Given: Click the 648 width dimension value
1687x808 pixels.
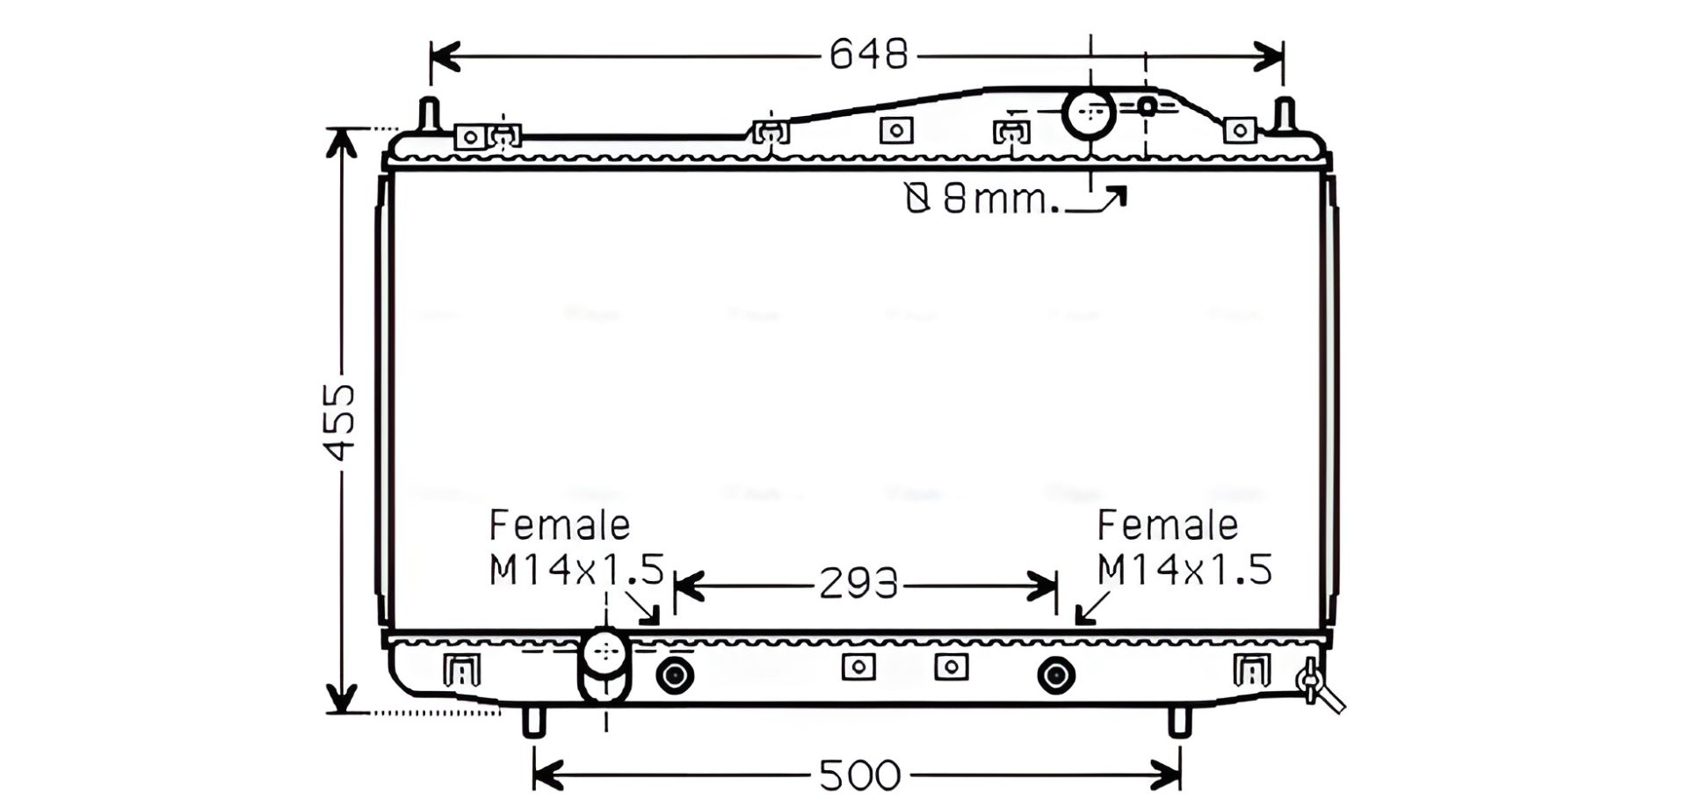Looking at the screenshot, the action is pyautogui.click(x=868, y=55).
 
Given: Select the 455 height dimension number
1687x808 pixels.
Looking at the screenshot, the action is pyautogui.click(x=340, y=421).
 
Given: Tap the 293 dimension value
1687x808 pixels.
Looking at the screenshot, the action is pyautogui.click(x=858, y=584).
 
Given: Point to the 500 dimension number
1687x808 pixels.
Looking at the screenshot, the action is pyautogui.click(x=859, y=775).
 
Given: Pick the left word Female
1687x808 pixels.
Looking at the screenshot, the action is pyautogui.click(x=560, y=526).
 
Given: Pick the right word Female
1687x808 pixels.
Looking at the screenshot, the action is pyautogui.click(x=1168, y=526).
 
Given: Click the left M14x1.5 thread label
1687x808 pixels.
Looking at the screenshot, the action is pyautogui.click(x=576, y=570).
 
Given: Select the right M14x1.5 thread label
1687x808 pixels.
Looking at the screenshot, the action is pyautogui.click(x=1184, y=570).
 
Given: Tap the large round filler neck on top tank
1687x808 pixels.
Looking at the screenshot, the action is pyautogui.click(x=1090, y=113).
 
